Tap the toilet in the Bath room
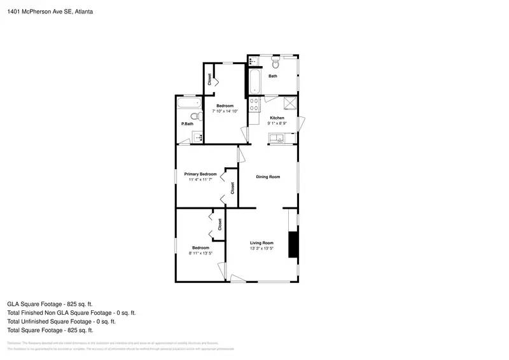click(275, 64)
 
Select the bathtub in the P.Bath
click(188, 103)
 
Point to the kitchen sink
click(278, 138)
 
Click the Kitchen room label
click(277, 118)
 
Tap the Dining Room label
click(268, 177)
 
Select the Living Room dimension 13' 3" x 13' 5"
click(261, 249)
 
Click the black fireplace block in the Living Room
click(293, 244)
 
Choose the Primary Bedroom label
click(200, 174)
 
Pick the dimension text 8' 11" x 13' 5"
click(200, 253)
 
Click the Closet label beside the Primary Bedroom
click(232, 188)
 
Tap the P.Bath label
click(187, 123)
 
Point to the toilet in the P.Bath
click(198, 116)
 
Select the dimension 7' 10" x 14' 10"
click(225, 111)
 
